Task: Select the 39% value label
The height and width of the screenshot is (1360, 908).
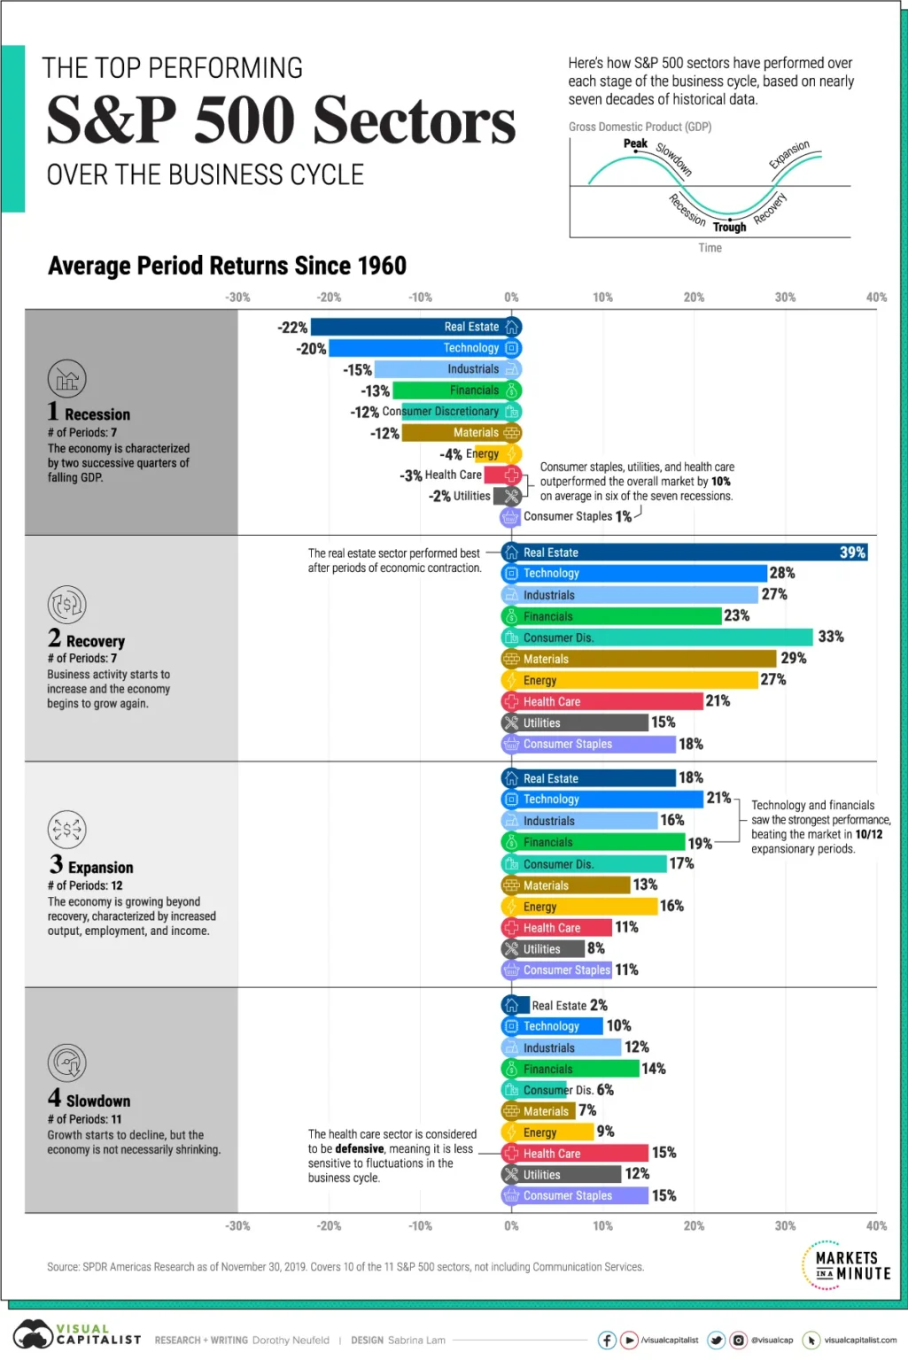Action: pos(852,552)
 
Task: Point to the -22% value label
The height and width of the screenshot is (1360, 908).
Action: pos(292,328)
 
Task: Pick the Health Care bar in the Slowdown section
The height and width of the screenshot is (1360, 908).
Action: pos(575,1154)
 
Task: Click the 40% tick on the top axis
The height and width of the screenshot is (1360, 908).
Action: pos(876,297)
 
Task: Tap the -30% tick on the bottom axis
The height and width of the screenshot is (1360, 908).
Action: pos(237,1226)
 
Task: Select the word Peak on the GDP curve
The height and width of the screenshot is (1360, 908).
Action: pos(635,143)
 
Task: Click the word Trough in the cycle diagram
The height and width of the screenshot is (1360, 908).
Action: pos(729,228)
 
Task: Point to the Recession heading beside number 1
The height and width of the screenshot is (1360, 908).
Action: pos(97,414)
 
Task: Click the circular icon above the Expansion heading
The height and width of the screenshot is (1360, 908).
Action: pos(67,830)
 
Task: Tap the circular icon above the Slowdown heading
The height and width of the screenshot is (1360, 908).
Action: pos(67,1063)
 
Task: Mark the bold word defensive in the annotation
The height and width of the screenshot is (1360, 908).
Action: pos(360,1148)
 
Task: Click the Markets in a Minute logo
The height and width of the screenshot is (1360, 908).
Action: pos(846,1265)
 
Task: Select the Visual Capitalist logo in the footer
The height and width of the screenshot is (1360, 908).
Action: pos(77,1334)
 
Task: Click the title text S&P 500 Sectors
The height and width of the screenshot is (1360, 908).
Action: pos(281,120)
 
